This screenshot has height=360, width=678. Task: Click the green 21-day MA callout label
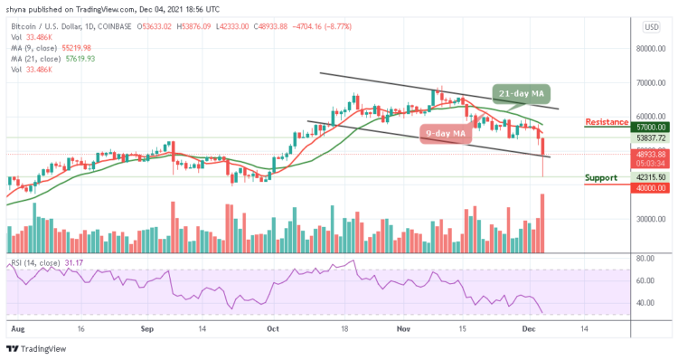522,93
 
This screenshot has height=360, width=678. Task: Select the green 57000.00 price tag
650,128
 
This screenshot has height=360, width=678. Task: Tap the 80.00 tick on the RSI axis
647,258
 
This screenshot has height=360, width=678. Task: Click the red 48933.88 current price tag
650,155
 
